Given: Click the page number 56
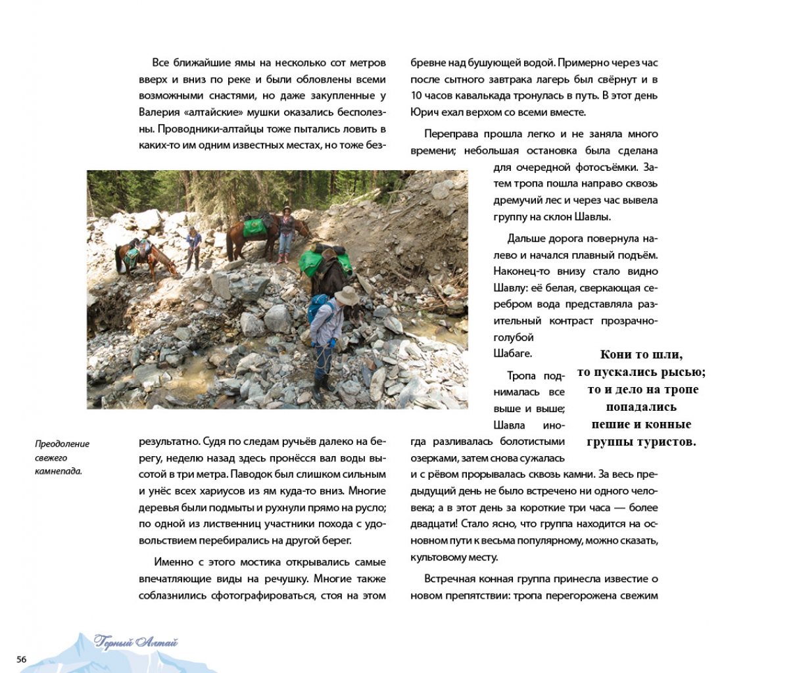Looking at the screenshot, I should click(22, 659).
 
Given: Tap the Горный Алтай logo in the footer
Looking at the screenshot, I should click(136, 643).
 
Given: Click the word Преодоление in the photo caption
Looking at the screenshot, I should click(62, 444).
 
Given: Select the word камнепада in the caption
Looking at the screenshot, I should click(58, 471).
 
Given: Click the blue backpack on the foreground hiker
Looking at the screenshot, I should click(319, 307).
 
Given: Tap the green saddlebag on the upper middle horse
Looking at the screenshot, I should click(253, 227).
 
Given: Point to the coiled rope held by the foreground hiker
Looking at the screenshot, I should click(323, 358).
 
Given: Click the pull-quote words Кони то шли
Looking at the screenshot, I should click(641, 354).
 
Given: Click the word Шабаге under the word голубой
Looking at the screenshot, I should click(512, 354).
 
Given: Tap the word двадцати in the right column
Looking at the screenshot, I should click(433, 524).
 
